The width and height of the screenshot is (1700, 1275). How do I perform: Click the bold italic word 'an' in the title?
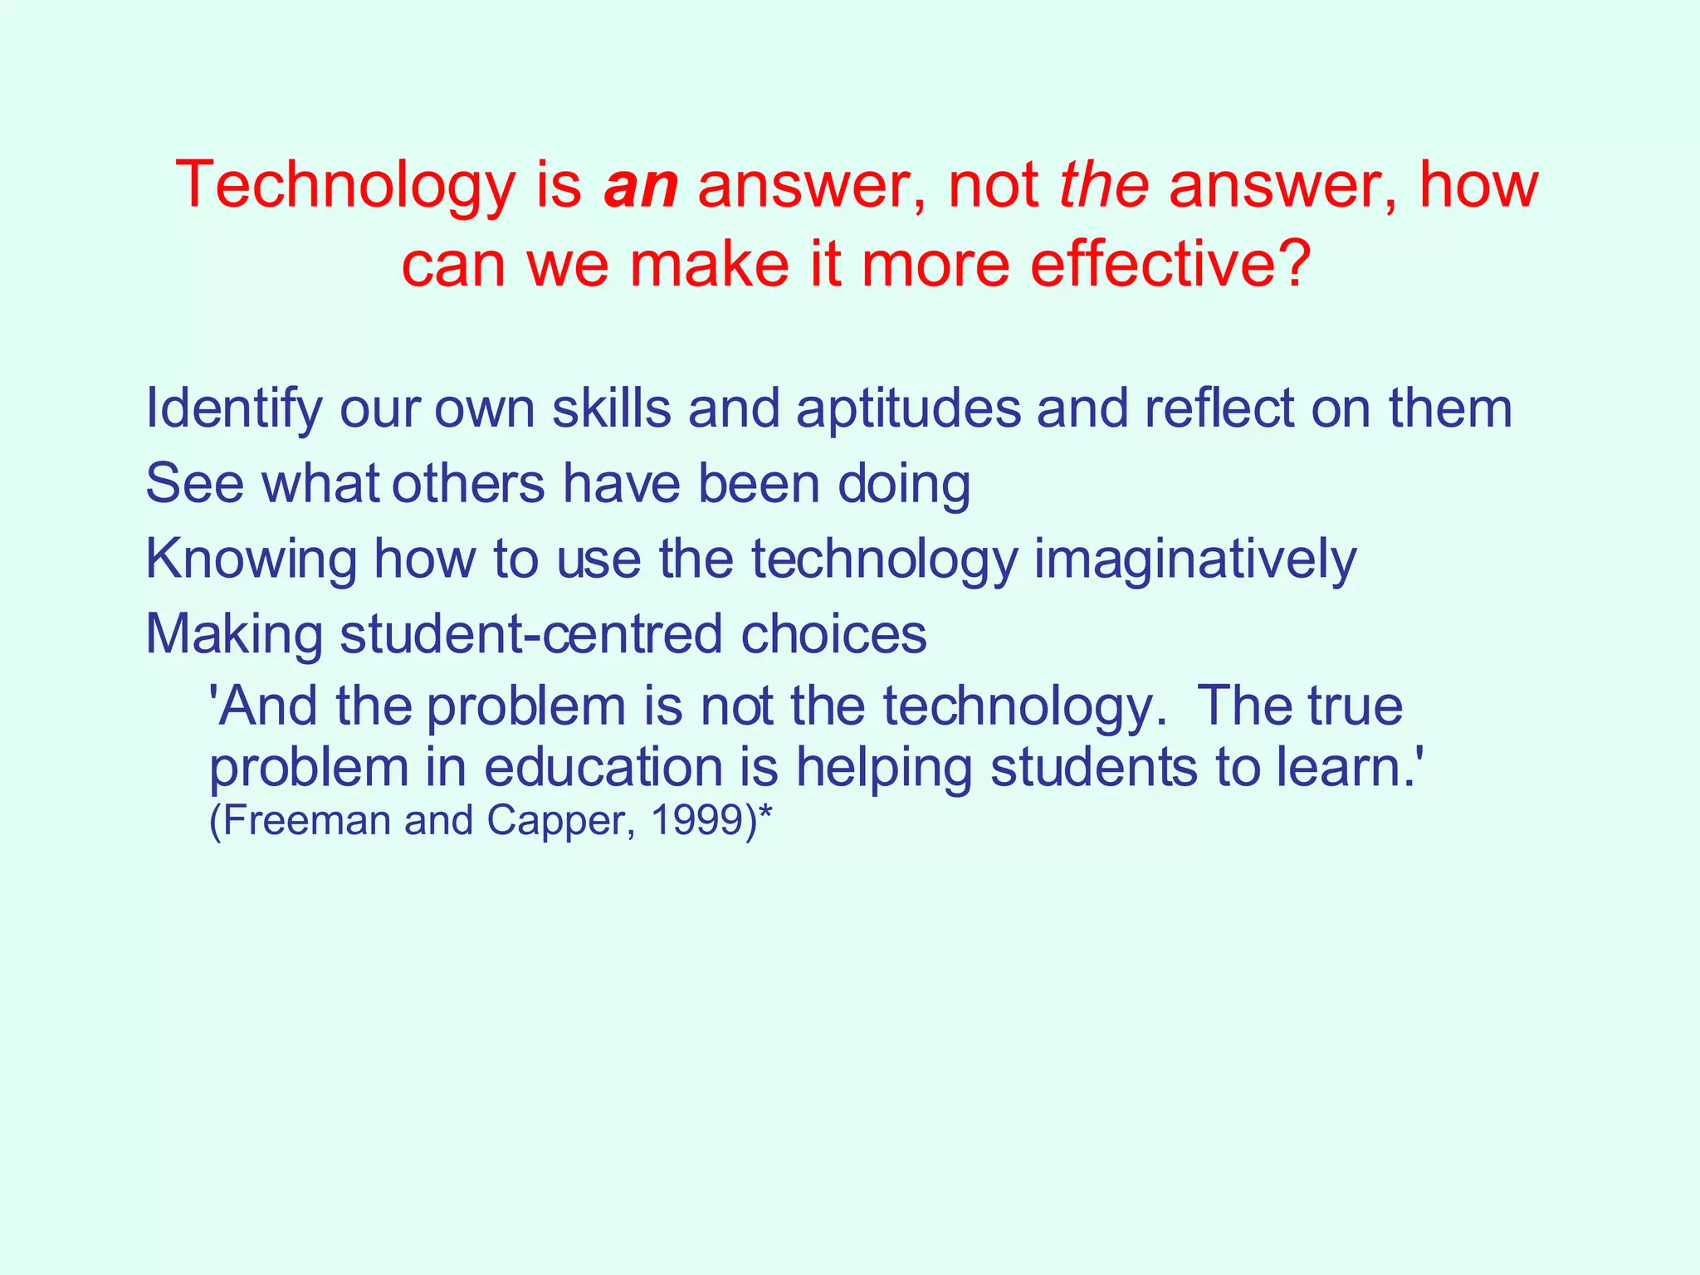[x=640, y=185]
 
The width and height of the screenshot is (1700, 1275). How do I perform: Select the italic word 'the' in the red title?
[x=1104, y=185]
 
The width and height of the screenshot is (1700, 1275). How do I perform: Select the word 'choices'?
[x=833, y=634]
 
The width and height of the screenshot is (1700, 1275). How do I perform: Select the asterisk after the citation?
[x=765, y=815]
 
